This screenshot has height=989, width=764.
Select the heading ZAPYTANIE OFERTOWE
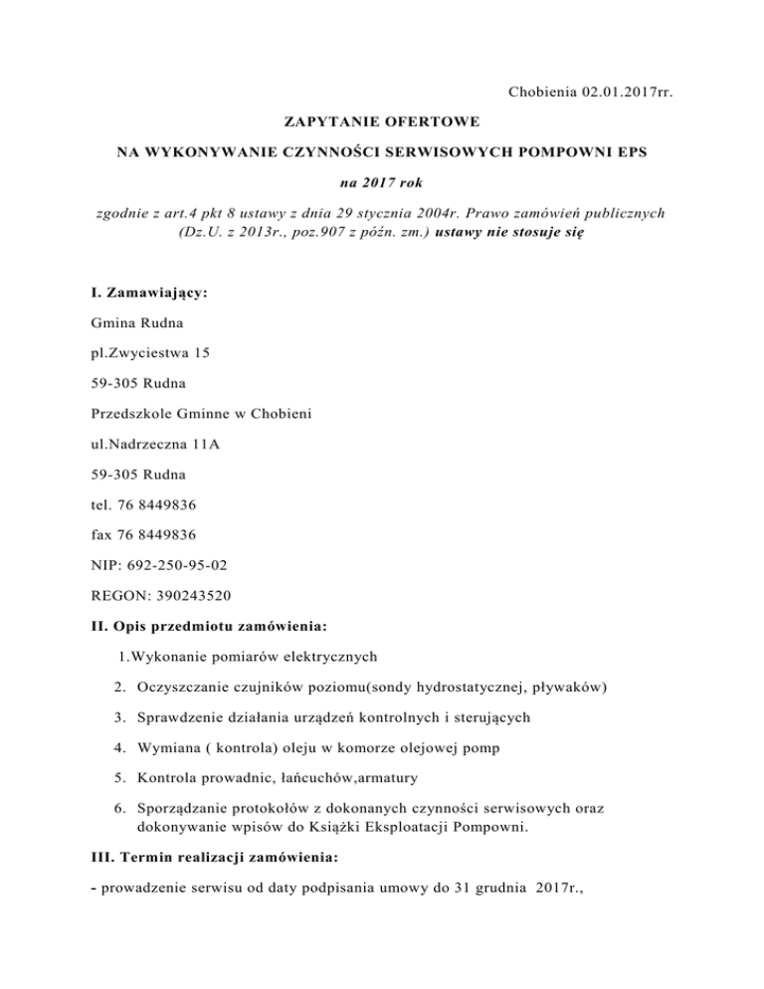point(382,124)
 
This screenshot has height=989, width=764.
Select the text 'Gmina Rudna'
point(125,323)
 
